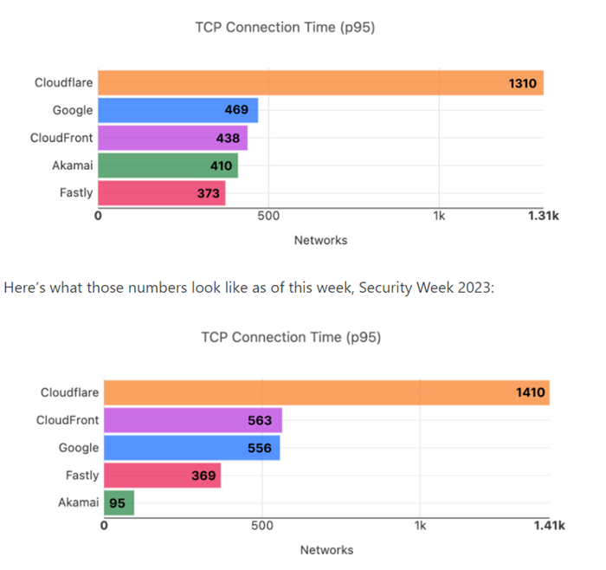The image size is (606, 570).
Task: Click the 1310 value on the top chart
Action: click(525, 83)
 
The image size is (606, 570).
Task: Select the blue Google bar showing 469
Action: click(177, 110)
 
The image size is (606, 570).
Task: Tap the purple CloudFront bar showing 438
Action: click(172, 138)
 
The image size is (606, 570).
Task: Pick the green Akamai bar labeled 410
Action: click(167, 165)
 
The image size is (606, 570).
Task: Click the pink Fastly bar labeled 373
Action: click(161, 192)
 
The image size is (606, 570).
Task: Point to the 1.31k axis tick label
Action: click(544, 216)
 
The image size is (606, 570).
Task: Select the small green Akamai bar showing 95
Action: click(119, 502)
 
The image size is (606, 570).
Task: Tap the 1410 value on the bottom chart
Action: click(530, 393)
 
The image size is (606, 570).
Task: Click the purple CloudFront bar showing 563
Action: click(192, 421)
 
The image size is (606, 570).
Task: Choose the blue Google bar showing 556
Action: click(191, 448)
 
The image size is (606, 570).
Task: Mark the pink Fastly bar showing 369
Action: click(162, 476)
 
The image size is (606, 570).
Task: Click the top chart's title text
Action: click(286, 28)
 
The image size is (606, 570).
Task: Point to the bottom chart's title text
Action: click(291, 336)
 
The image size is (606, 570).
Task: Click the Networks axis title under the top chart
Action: click(320, 240)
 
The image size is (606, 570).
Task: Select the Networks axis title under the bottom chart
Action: click(326, 549)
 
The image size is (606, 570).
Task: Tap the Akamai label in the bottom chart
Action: click(79, 502)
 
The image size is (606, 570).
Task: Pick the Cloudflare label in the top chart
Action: click(63, 83)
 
